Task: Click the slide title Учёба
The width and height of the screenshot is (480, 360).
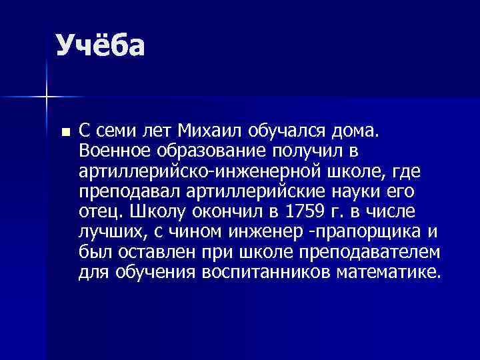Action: pos(100,46)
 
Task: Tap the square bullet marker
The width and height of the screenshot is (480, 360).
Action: pos(64,131)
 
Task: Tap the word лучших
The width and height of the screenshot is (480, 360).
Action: pos(108,233)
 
